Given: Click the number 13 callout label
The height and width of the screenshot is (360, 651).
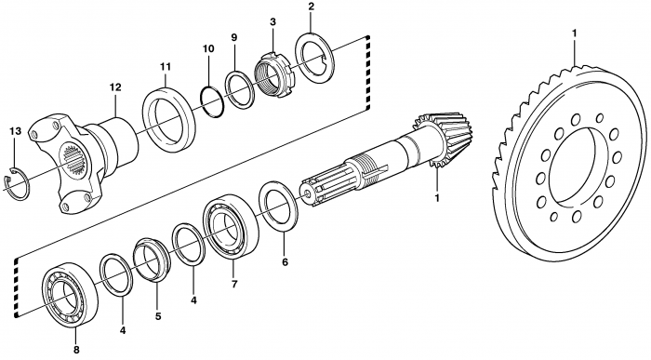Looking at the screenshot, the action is click(x=15, y=131).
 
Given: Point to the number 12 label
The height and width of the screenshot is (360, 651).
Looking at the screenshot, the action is click(x=115, y=87).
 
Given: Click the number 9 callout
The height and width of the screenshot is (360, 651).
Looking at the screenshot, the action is click(x=234, y=37).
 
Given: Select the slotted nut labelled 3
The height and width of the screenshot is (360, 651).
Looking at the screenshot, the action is click(x=274, y=74).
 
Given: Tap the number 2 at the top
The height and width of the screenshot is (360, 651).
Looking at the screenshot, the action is click(x=312, y=7).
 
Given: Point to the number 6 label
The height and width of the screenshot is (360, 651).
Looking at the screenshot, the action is click(x=285, y=262).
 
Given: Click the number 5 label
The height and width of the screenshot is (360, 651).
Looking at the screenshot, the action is click(x=158, y=316).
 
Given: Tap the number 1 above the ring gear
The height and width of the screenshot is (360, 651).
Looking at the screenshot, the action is click(x=575, y=33).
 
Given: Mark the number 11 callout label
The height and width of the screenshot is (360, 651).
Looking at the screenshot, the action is click(x=166, y=66).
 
